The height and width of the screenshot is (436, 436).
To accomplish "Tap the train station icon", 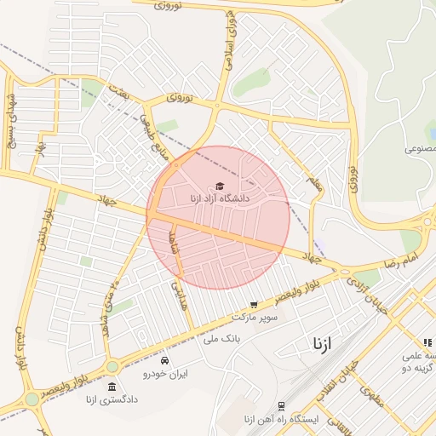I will click(x=281, y=406).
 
